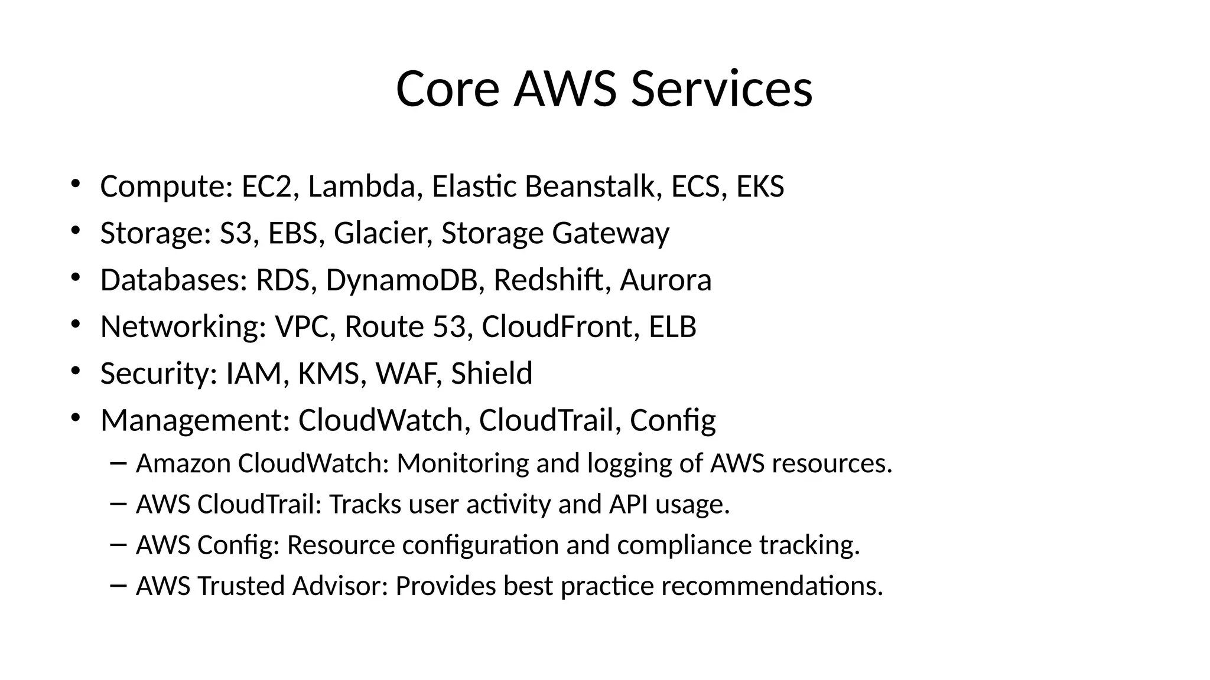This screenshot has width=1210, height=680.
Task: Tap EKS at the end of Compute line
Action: pyautogui.click(x=760, y=187)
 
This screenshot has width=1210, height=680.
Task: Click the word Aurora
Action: pyautogui.click(x=665, y=280)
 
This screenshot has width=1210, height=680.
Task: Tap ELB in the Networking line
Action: pyautogui.click(x=672, y=326)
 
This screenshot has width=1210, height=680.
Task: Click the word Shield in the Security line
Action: pyautogui.click(x=492, y=373)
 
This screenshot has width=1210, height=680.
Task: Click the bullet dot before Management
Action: pyautogui.click(x=74, y=418)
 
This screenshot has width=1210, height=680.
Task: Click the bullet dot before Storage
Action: pyautogui.click(x=74, y=231)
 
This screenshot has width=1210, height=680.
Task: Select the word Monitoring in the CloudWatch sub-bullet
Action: pyautogui.click(x=463, y=463)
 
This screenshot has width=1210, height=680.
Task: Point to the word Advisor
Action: pyautogui.click(x=339, y=586)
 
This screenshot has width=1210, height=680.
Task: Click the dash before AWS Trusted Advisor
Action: pyautogui.click(x=118, y=586)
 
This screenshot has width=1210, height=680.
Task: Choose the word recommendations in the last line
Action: pyautogui.click(x=772, y=586)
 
